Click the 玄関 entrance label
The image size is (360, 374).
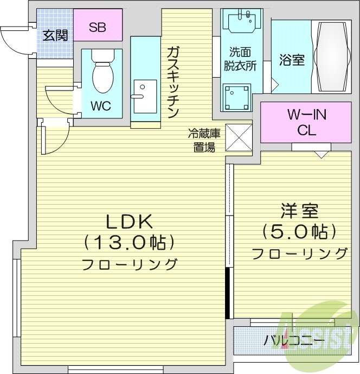(x=55, y=36)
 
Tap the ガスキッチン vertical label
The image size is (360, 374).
(x=173, y=82)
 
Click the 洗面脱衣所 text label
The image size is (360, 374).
(x=242, y=59)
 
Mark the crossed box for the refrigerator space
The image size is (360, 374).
(x=239, y=137)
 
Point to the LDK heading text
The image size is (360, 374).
(x=130, y=221)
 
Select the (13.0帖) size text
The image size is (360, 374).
(x=129, y=242)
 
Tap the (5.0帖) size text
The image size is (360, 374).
(x=299, y=232)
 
